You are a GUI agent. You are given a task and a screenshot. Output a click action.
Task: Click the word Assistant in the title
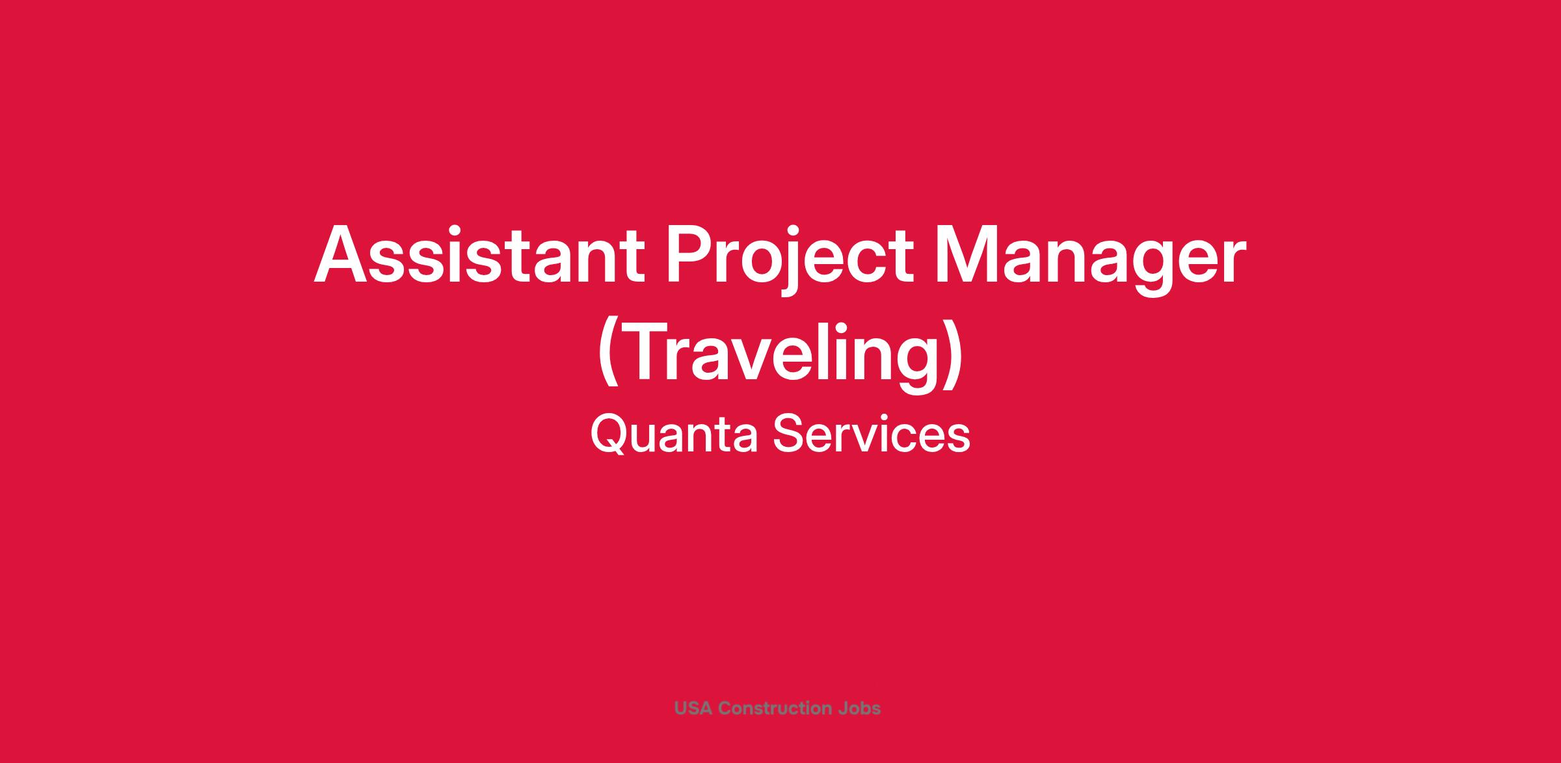coord(479,255)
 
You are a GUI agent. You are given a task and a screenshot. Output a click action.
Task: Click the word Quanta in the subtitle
coord(674,434)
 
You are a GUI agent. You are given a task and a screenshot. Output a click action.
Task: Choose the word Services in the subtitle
coord(872,434)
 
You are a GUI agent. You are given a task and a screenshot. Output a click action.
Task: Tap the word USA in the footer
coord(693,708)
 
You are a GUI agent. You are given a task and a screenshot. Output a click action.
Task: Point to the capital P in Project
coord(689,255)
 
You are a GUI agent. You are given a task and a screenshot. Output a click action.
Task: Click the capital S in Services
coord(788,434)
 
